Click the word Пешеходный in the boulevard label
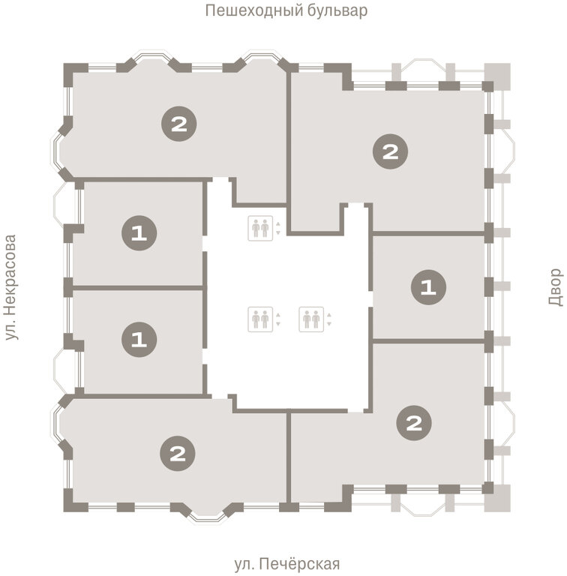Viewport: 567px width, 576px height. point(253,10)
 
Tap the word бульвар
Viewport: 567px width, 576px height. point(337,10)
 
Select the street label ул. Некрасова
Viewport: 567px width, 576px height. point(11,287)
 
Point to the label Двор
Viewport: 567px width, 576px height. point(555,287)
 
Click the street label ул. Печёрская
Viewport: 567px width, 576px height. point(286,563)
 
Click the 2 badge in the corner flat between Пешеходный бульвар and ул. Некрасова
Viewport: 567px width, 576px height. point(179,124)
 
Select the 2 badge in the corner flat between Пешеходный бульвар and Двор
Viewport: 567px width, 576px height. point(390,151)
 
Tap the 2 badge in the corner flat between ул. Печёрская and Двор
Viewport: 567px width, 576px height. point(414,423)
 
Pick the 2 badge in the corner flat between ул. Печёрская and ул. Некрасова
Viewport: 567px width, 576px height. point(178,454)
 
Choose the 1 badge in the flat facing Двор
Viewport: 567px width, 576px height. point(428,287)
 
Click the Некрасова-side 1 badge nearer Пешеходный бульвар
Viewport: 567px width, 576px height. point(139,233)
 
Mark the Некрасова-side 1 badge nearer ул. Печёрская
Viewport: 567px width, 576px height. point(139,340)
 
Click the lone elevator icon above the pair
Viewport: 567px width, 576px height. point(260,228)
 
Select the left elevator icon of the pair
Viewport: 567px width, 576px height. point(260,319)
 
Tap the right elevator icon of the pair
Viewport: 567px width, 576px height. point(311,319)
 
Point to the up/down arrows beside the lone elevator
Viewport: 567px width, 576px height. point(278,228)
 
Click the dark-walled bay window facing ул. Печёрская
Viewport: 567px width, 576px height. point(206,511)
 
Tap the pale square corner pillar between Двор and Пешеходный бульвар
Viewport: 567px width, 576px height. point(497,76)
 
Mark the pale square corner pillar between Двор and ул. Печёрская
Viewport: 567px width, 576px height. point(497,498)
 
